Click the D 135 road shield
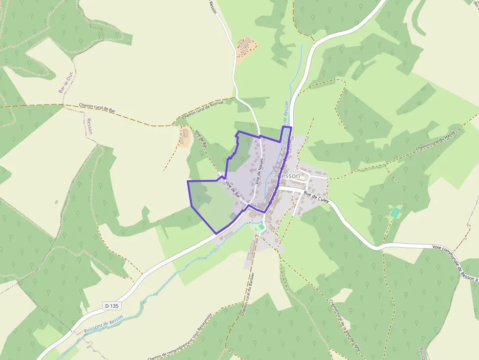[112, 306]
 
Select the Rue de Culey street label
[316, 197]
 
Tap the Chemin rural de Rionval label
[202, 110]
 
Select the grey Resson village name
[289, 175]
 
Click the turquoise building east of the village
[395, 212]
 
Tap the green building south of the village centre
[261, 227]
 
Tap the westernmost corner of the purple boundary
[188, 181]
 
